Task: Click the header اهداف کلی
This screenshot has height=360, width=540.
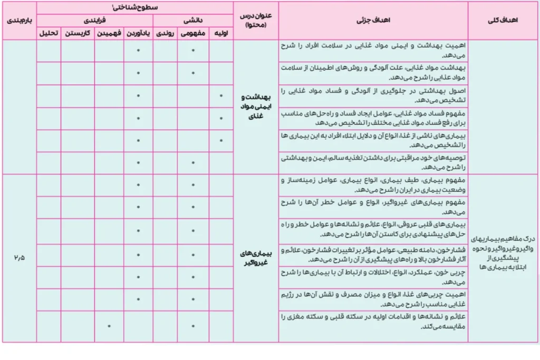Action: click(x=504, y=21)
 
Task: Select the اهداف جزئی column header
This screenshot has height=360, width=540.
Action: click(x=373, y=21)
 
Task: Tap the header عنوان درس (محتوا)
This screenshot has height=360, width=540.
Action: click(x=256, y=21)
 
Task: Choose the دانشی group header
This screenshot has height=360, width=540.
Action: click(x=193, y=21)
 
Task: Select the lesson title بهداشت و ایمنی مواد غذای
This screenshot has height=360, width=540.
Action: click(x=256, y=108)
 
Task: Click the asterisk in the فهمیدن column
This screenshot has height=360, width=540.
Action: click(x=109, y=326)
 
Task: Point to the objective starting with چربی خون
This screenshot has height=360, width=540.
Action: click(x=373, y=278)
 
